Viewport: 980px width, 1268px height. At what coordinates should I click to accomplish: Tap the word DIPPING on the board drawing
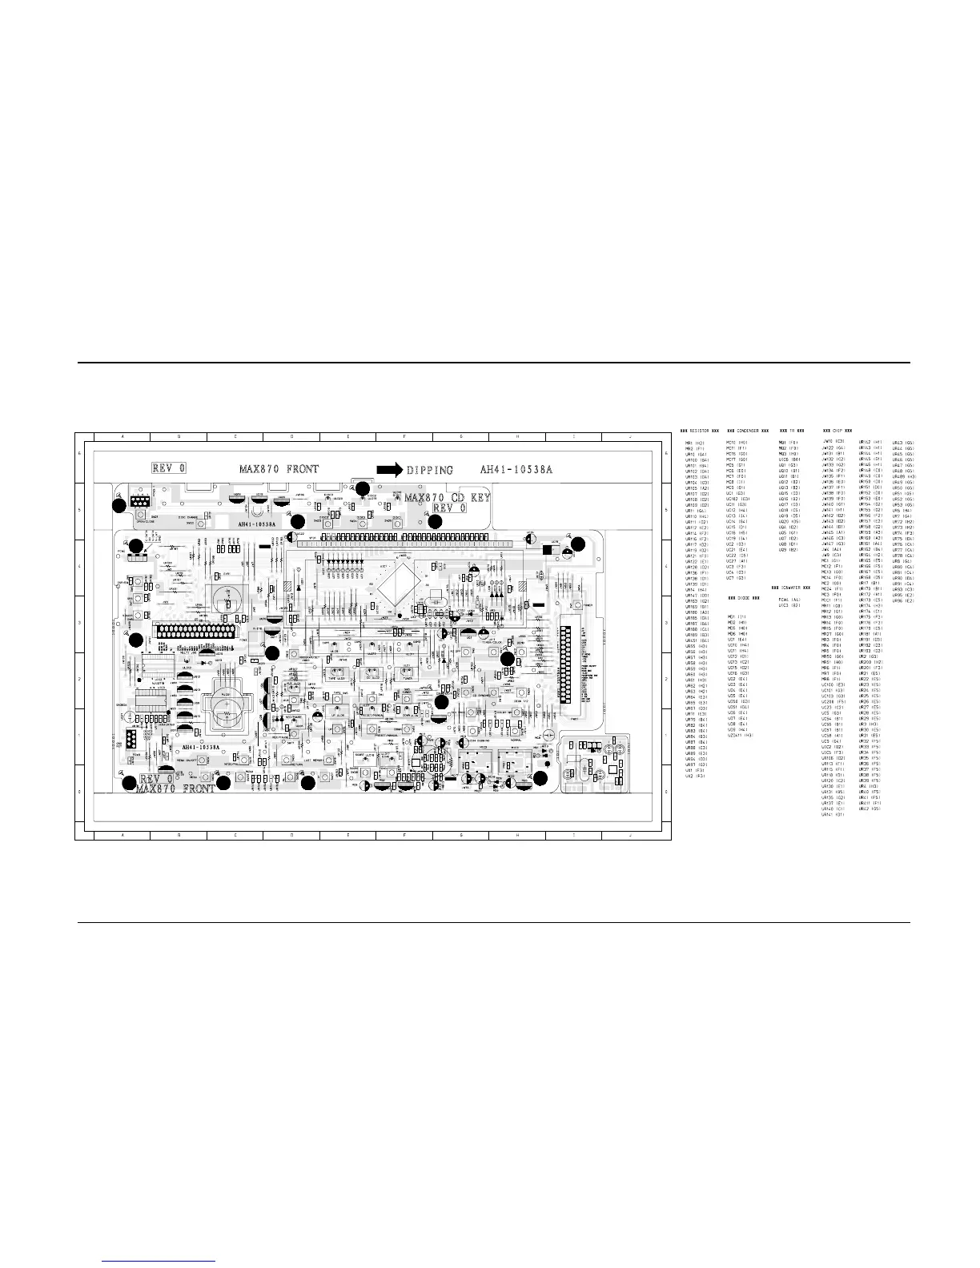coord(429,470)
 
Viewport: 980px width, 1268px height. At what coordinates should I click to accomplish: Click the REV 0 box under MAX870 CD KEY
coord(453,508)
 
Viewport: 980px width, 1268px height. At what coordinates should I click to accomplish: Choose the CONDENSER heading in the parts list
coord(748,431)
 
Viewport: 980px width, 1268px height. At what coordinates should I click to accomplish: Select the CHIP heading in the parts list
coord(837,431)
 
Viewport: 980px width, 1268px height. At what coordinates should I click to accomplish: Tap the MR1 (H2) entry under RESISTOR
coord(694,443)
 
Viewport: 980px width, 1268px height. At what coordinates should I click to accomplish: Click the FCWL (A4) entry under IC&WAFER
coord(789,600)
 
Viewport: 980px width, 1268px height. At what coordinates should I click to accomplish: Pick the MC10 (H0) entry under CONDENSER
coord(737,442)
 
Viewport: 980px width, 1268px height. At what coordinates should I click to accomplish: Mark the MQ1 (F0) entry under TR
coord(788,442)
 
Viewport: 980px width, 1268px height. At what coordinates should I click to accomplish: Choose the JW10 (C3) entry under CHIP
coord(833,441)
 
